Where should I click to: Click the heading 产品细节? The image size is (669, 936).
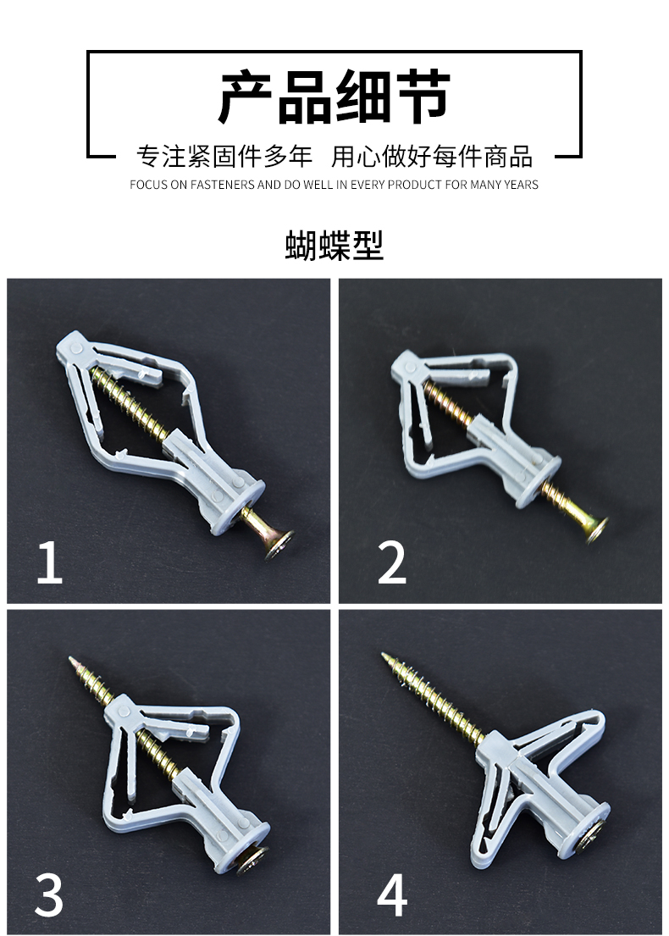pos(334,98)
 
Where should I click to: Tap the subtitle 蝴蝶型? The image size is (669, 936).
pos(334,246)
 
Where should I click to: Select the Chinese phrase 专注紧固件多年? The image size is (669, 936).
pos(224,157)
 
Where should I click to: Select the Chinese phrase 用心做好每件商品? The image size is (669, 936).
pos(432,157)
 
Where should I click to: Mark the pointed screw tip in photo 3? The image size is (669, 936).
pos(74,662)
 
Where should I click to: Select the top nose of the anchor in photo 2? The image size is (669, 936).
pos(405,366)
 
